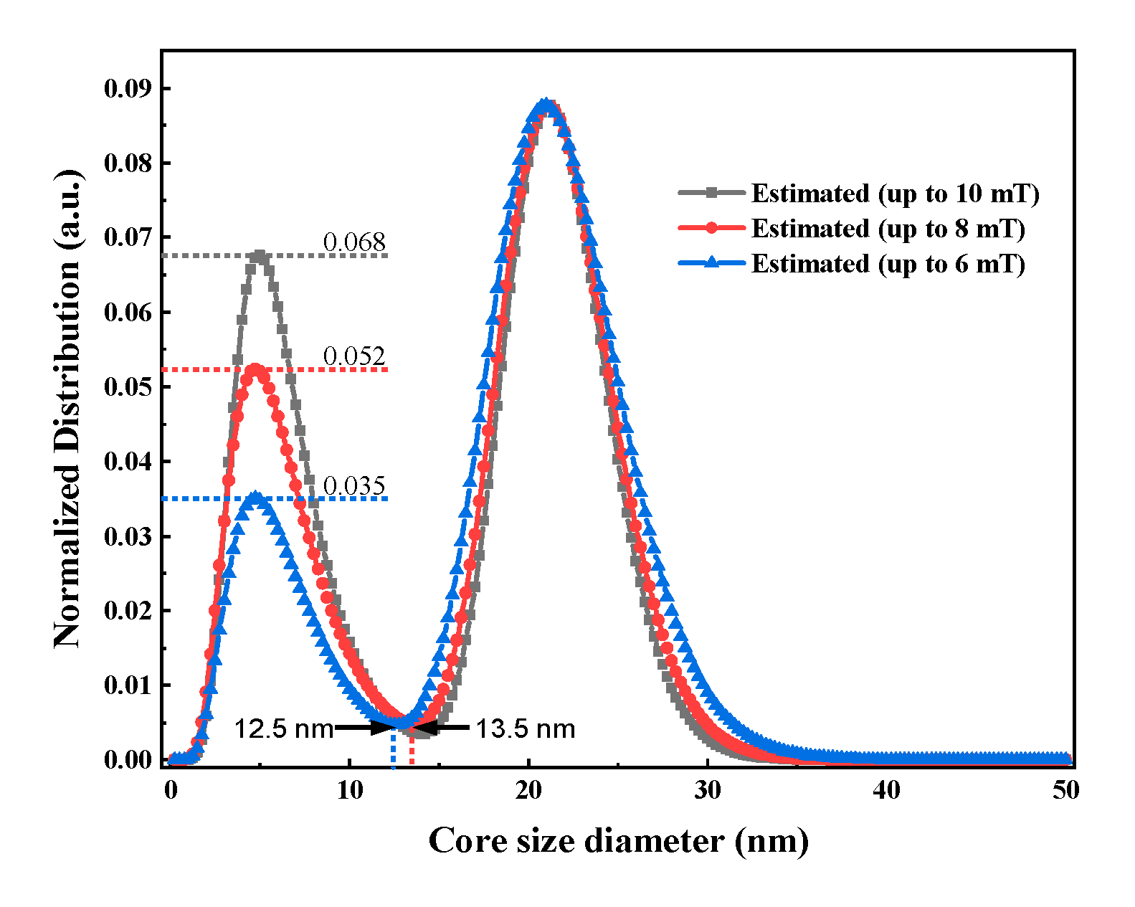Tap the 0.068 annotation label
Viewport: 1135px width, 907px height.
pos(354,242)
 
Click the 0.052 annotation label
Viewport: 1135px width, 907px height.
pos(354,356)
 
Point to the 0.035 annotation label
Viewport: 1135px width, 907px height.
pos(354,486)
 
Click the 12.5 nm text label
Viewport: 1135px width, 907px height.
pos(284,729)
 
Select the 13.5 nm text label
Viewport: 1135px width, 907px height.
pos(526,729)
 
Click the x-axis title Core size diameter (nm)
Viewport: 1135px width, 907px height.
pos(618,840)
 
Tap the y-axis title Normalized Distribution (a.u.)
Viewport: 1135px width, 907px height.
pos(67,409)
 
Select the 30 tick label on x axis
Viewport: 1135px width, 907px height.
pos(707,790)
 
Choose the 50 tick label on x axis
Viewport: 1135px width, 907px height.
pos(1065,790)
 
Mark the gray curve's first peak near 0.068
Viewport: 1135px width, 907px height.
pos(260,256)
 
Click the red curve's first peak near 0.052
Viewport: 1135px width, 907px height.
pos(255,370)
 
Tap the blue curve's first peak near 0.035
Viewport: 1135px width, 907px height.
pos(254,497)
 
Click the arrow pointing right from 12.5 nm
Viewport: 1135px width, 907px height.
pos(366,728)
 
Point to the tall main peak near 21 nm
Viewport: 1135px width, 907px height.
pos(546,106)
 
